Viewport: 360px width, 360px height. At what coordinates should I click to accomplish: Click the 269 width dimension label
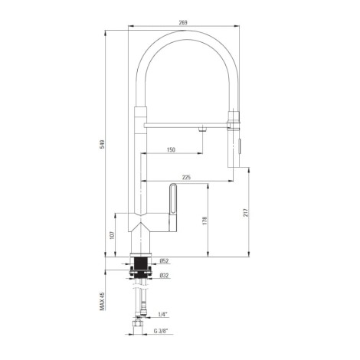(x=183, y=22)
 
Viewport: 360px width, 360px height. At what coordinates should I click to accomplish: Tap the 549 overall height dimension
(x=102, y=145)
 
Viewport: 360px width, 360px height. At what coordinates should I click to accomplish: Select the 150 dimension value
(x=171, y=149)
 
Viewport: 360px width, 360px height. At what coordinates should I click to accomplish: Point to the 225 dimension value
(x=186, y=177)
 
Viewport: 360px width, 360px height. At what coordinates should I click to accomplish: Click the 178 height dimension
(x=205, y=221)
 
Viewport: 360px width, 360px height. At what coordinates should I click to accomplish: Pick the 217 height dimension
(x=246, y=213)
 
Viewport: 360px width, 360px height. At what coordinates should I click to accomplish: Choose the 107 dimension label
(x=112, y=235)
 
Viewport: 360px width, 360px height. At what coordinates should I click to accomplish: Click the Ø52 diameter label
(x=164, y=261)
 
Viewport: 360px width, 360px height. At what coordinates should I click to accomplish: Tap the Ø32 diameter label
(x=164, y=276)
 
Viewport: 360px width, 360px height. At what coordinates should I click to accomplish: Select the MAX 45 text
(x=102, y=301)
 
